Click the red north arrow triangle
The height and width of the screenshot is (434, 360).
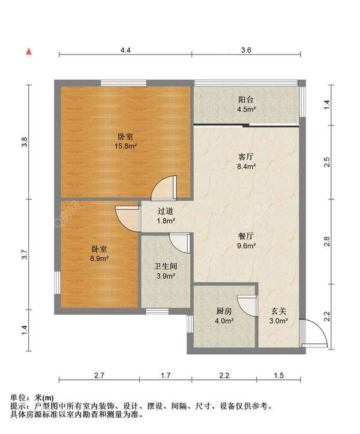click(x=29, y=52)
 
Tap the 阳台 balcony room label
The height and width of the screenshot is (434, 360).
click(x=246, y=100)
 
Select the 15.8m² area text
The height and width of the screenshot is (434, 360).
click(x=126, y=146)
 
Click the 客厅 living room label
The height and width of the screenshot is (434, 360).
click(x=246, y=157)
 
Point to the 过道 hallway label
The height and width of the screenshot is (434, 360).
click(x=166, y=211)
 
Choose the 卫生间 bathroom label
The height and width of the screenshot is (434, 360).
click(x=166, y=266)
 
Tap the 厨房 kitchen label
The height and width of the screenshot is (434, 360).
click(x=224, y=311)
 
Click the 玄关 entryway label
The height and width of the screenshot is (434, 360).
click(x=278, y=311)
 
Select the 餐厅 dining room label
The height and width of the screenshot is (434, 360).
click(x=246, y=236)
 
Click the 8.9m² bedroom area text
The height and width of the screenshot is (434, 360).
click(x=99, y=258)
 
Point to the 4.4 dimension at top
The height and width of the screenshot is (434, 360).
click(x=125, y=50)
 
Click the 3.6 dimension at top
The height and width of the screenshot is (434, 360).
click(x=246, y=50)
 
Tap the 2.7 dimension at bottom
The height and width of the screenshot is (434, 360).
click(x=99, y=375)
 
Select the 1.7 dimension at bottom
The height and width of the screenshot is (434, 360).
click(x=166, y=375)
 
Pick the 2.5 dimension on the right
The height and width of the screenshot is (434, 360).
click(x=327, y=162)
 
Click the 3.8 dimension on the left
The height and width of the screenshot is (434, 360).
click(x=25, y=142)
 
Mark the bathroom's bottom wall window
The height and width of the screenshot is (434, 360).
click(x=157, y=311)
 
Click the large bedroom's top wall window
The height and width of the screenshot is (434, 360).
click(x=124, y=83)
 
